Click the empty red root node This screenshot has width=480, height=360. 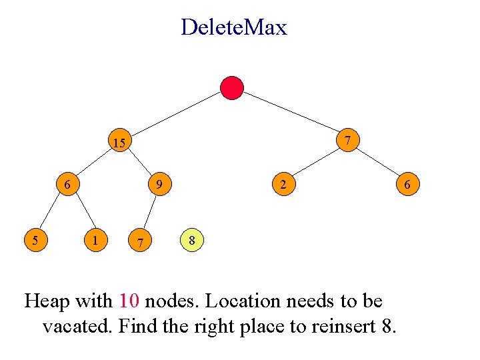232,87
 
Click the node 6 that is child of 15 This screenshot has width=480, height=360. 67,183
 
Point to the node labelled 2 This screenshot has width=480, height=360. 283,184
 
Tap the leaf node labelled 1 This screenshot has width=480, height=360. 97,239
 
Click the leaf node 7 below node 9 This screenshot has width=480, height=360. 139,241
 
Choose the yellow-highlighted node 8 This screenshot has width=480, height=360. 191,239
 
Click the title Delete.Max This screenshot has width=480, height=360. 233,27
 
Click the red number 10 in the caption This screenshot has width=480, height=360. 129,301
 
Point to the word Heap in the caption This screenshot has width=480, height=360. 46,301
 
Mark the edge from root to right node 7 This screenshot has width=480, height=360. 291,114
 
